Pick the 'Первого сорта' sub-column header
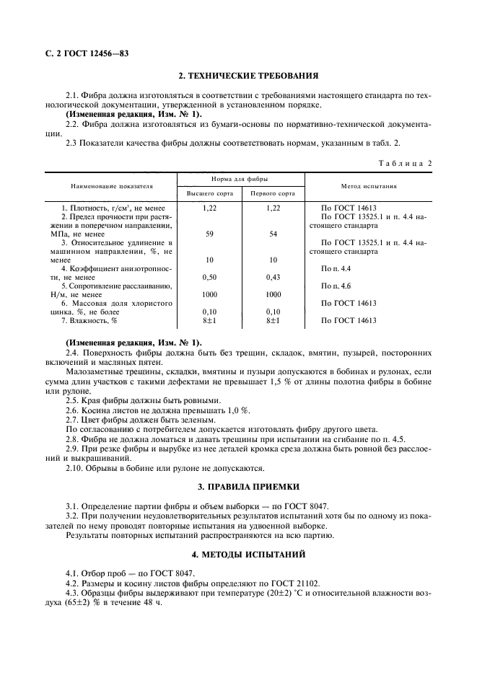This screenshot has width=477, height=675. point(273,194)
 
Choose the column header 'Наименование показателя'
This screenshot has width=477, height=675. point(112,185)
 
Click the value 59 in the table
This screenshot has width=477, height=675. point(210,234)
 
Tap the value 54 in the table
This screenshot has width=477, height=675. point(273,234)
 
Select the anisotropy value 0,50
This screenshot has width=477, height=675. point(210,277)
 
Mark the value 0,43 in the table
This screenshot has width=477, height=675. point(273,277)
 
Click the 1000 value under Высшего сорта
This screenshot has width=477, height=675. point(210,294)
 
